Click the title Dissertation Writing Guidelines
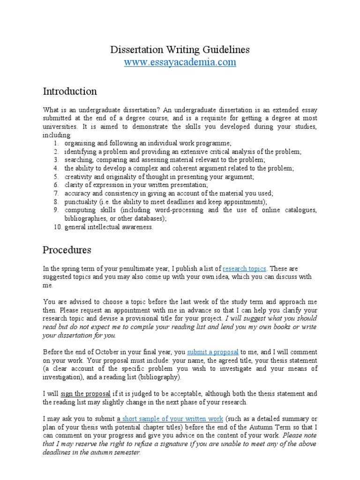click(180, 49)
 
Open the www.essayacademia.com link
click(180, 62)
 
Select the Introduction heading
click(70, 91)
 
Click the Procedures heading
click(67, 249)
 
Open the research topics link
click(245, 269)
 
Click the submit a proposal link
click(213, 352)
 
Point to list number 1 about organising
click(55, 143)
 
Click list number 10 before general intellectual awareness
click(55, 227)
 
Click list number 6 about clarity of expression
click(55, 185)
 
